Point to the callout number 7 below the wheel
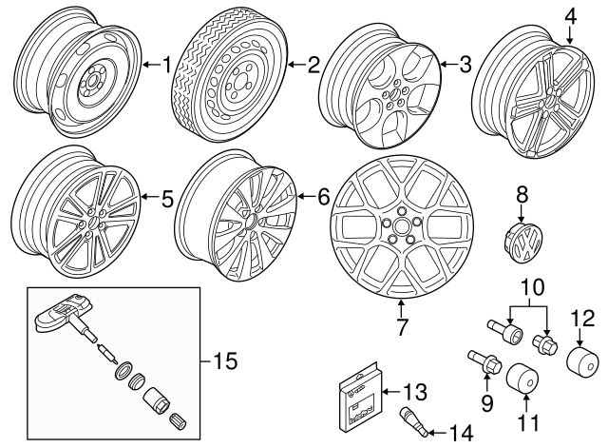[x=401, y=328]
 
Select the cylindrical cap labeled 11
[x=520, y=379]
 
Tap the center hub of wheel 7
[x=400, y=231]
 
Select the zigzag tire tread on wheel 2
[x=195, y=86]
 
